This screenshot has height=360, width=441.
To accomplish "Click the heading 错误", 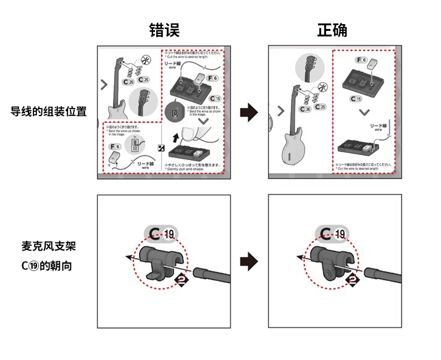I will tap(164, 30).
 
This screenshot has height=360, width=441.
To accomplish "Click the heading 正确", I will tap(332, 30).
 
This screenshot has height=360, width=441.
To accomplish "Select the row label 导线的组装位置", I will tap(48, 112).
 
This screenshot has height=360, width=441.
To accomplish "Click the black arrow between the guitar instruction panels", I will tap(248, 113).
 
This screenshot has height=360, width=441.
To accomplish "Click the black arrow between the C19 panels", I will tap(248, 261).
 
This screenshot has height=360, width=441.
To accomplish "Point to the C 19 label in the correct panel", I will tap(334, 233).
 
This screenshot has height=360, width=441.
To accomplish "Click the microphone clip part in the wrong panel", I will tap(160, 259).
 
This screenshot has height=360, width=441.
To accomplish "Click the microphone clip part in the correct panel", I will tap(330, 259).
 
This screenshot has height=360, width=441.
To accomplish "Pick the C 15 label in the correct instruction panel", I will tap(356, 99).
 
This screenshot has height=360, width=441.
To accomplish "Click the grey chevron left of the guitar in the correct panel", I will tap(281, 111).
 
